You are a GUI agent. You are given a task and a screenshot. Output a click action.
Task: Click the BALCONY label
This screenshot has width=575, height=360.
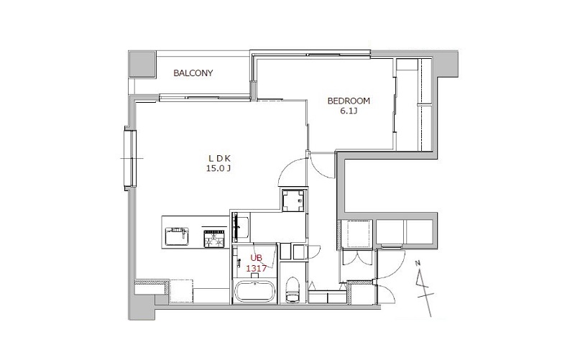[x=193, y=73]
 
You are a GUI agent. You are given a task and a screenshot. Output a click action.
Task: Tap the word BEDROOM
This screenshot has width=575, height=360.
[x=349, y=101]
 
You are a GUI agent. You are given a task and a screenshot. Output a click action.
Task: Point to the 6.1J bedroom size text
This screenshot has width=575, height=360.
[x=349, y=111]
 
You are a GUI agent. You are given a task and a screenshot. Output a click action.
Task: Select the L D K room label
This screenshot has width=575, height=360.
[x=219, y=159]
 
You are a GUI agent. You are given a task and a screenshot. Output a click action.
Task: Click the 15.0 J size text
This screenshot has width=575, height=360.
[x=219, y=168]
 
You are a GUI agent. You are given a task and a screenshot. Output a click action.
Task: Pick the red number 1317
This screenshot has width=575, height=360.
[x=257, y=268]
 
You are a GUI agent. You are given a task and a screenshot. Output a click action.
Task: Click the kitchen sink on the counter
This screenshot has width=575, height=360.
[x=177, y=236]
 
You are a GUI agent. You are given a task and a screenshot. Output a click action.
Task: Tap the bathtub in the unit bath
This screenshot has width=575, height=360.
[x=255, y=292]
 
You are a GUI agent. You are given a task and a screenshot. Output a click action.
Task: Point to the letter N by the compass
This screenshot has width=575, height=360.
[x=418, y=262]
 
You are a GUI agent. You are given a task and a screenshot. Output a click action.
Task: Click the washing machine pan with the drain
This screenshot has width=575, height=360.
[x=293, y=200]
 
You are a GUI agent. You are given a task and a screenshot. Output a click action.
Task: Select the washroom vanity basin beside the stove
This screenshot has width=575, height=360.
[x=241, y=227]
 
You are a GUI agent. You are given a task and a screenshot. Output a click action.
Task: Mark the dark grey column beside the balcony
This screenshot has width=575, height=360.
[x=142, y=64]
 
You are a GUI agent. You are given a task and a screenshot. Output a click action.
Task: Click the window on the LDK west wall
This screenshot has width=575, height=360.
[x=130, y=158]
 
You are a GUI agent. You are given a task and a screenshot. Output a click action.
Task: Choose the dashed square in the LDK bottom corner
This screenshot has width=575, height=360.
[x=181, y=292]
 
